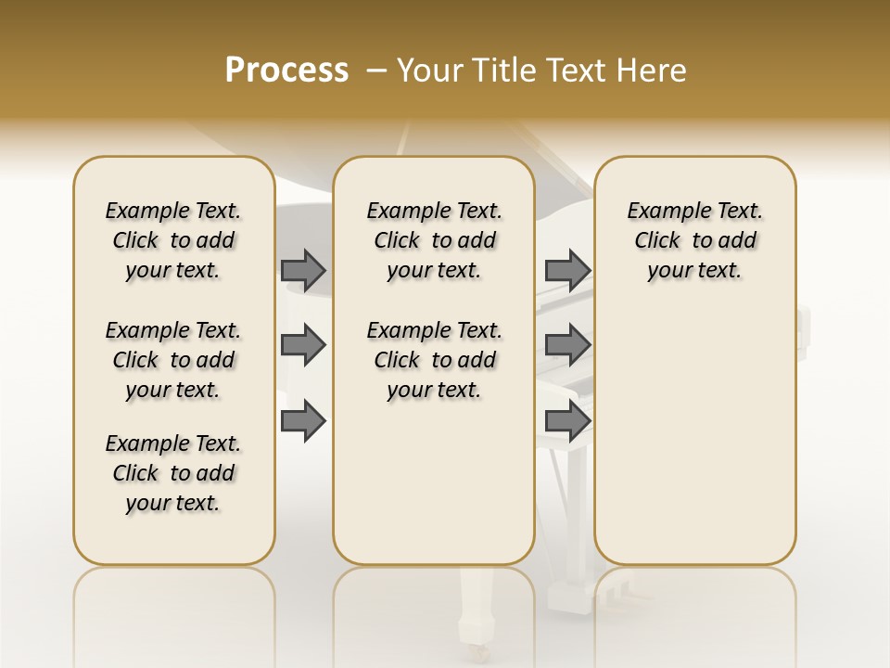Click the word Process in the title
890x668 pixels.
click(286, 70)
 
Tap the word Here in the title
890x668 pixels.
click(654, 70)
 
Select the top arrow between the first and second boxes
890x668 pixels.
click(303, 270)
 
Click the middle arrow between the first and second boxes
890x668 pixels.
click(303, 345)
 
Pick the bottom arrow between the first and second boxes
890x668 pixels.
click(303, 420)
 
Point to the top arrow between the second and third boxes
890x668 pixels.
click(567, 270)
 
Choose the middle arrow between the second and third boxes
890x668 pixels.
click(567, 345)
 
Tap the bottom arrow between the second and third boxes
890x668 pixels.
click(567, 420)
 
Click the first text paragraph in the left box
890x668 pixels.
click(173, 240)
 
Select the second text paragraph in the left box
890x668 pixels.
click(173, 360)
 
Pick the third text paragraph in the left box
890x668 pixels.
click(173, 473)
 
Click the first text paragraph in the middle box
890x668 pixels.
click(435, 240)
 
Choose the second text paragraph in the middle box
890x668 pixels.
click(435, 360)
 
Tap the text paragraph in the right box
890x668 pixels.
click(695, 240)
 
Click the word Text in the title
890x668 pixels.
click(578, 70)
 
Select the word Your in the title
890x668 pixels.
click(428, 70)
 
